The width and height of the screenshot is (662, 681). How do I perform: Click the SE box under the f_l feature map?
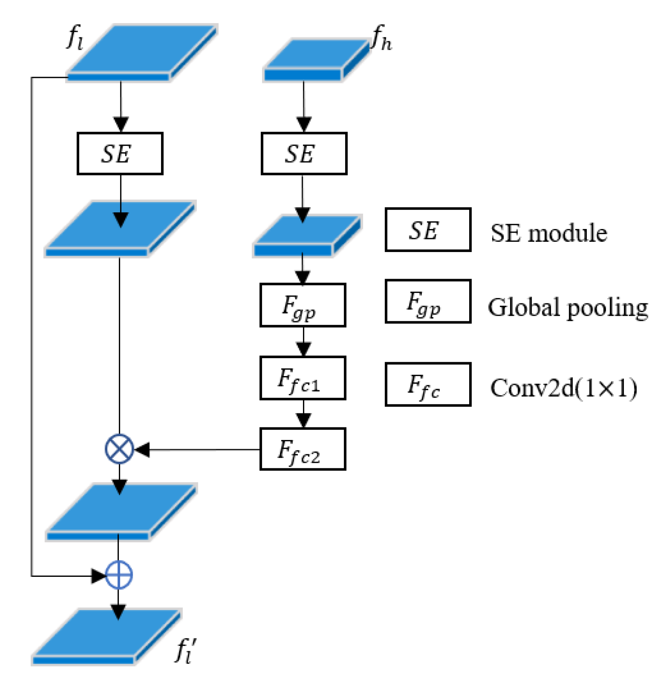coord(120,153)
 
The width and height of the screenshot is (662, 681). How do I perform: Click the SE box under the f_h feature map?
coord(304,153)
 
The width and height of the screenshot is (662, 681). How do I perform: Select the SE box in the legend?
coord(428,229)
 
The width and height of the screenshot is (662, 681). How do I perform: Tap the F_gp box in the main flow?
coord(303,305)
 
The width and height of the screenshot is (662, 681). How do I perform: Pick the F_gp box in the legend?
coord(428,301)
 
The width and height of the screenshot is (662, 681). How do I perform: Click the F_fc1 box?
coord(303,378)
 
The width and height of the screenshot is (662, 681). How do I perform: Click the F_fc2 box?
coord(303,449)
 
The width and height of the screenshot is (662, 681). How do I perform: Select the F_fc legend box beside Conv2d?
coord(428,384)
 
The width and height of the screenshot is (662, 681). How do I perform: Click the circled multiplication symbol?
coord(119,449)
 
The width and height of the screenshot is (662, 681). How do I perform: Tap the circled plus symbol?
coord(118,575)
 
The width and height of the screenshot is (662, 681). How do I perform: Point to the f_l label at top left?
coord(75,38)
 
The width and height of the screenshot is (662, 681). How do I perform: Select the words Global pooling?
coord(567,307)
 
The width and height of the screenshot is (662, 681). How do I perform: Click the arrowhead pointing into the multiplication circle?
coord(142,449)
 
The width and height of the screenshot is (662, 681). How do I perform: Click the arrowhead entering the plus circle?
coord(98,575)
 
